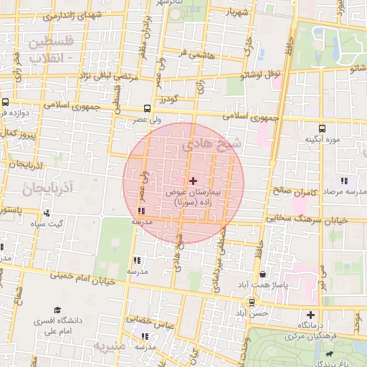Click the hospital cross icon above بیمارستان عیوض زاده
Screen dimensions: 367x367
coord(193,181)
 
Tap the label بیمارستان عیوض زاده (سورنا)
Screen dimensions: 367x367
coord(193,199)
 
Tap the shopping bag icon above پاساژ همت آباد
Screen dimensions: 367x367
coord(263,274)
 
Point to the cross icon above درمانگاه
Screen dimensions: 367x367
coord(310,315)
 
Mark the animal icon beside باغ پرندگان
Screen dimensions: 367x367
coord(328,353)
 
